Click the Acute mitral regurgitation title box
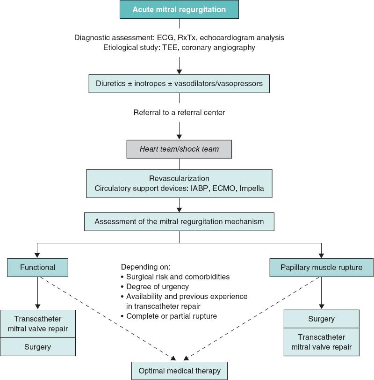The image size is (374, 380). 179,9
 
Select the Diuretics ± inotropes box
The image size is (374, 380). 179,84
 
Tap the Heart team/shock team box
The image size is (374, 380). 179,149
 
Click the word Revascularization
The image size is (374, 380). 179,178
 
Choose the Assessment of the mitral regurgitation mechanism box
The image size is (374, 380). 179,221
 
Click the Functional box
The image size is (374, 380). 38,268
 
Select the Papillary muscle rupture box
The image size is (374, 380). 321,268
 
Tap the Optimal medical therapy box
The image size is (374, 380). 179,371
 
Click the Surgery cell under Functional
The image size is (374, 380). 38,347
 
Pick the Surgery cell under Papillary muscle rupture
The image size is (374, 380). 321,319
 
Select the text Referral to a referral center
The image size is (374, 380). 179,113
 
